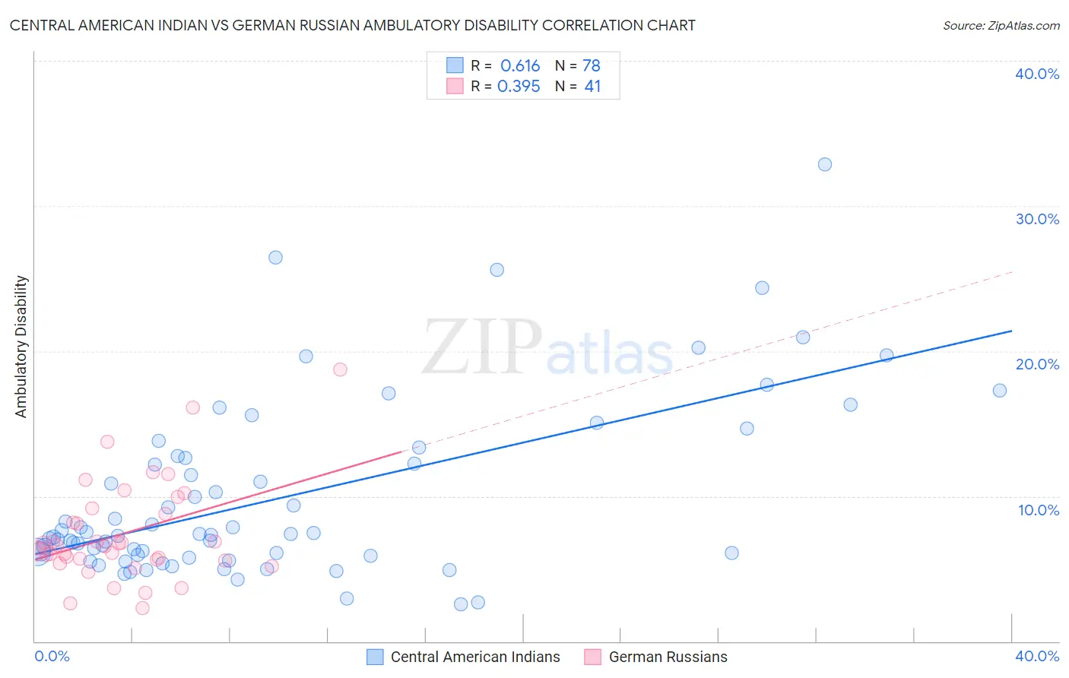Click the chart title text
coord(352,25)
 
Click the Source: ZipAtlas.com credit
coord(1001,25)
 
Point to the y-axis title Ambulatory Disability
coord(21,347)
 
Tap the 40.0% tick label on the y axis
coord(1037,74)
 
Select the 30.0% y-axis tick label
coord(1037,219)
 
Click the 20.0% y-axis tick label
coord(1037,364)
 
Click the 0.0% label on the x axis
coord(52,656)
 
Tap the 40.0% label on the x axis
coord(1037,656)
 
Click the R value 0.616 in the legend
coord(520,66)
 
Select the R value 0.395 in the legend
coord(519,87)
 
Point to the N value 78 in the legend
coord(592,66)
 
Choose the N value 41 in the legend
coord(592,87)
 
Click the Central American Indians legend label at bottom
coord(475,657)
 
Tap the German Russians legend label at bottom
coord(668,657)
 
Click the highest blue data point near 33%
coord(825,164)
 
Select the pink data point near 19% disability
coord(340,369)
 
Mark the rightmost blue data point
coord(1000,391)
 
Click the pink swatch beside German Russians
coord(593,657)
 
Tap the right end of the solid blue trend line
coord(1011,331)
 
